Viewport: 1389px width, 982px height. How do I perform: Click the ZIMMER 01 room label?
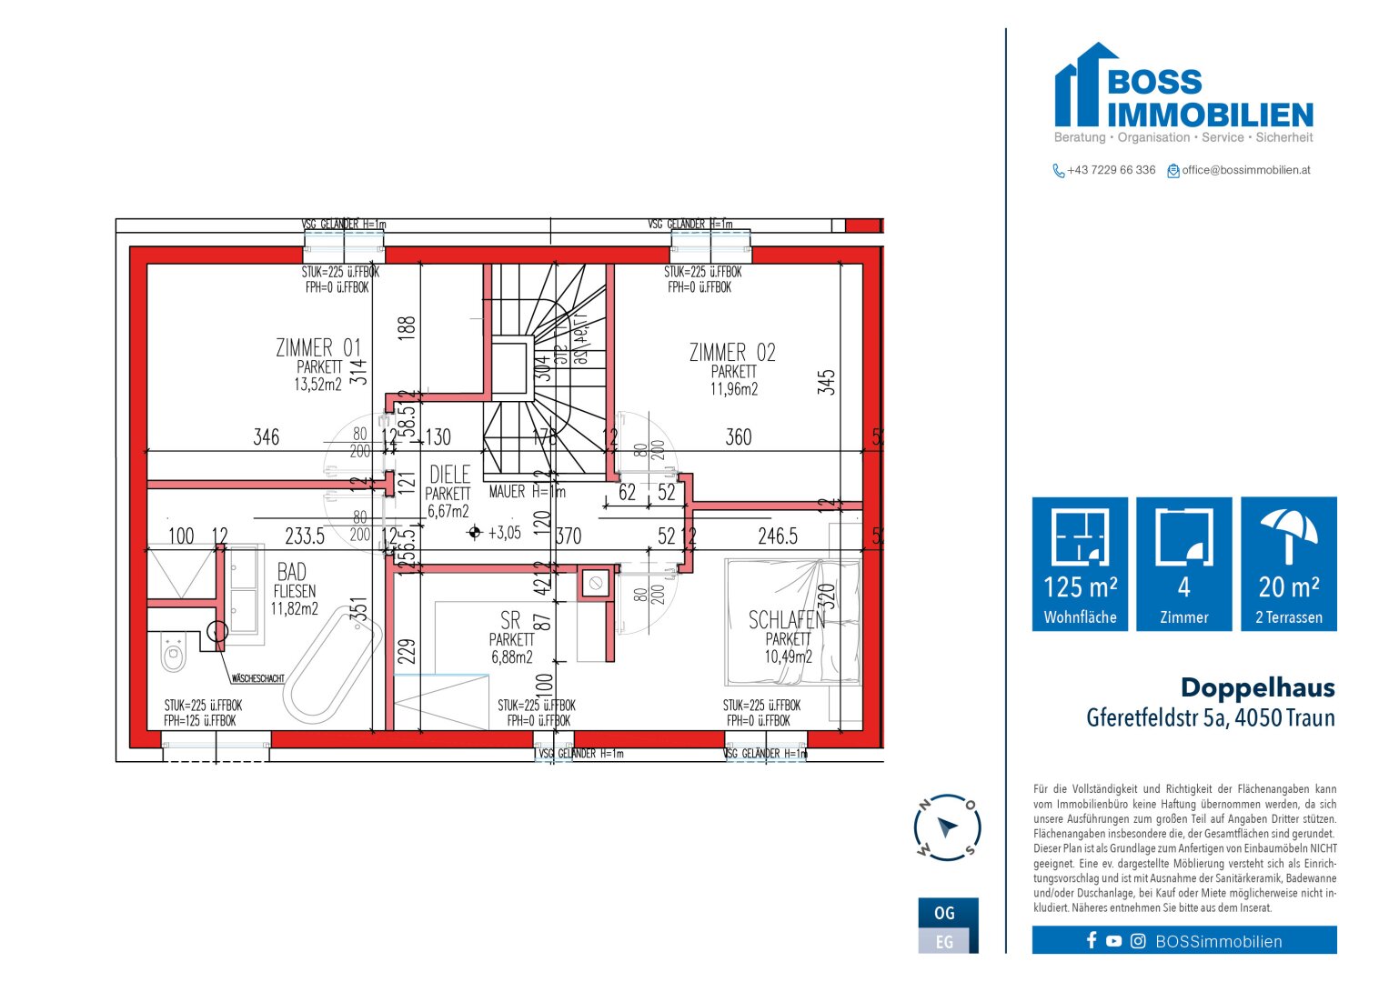point(318,348)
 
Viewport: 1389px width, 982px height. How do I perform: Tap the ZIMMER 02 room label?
point(732,353)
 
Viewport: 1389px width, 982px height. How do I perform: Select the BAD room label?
point(292,572)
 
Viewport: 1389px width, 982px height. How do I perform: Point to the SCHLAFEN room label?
point(786,620)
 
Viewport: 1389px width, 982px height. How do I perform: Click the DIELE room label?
point(449,475)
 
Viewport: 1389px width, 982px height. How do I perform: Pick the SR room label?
point(510,620)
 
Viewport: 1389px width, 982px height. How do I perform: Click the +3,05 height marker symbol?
point(474,533)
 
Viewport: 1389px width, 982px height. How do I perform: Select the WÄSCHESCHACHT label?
point(257,678)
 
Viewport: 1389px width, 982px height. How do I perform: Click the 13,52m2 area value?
point(317,385)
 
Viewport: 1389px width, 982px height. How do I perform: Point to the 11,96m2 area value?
point(733,389)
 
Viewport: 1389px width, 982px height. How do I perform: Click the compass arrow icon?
point(947,827)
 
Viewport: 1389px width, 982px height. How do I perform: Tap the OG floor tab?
point(944,913)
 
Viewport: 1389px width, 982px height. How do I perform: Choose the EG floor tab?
point(944,942)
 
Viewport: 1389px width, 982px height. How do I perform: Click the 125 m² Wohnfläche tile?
point(1080,564)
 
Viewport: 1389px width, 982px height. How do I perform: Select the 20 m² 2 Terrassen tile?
point(1288,564)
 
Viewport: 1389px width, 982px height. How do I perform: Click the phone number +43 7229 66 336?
point(1111,170)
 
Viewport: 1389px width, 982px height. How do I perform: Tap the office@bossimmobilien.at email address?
point(1245,170)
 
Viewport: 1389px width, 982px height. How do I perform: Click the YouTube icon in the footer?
point(1113,941)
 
